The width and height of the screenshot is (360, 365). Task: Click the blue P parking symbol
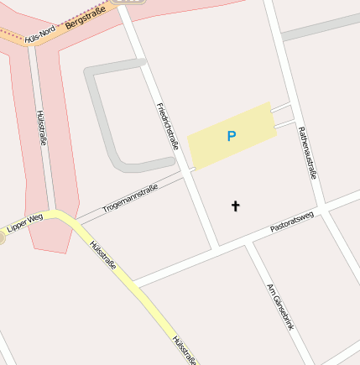pos(232,136)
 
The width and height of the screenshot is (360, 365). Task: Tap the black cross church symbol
pos(235,205)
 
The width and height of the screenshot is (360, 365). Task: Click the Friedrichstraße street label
pos(168,126)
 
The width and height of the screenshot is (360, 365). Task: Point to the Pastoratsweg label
pos(292,222)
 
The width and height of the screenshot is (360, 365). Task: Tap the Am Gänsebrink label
pos(280,308)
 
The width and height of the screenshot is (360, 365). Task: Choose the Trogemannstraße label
pos(130,199)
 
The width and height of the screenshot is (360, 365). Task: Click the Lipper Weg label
pos(23,223)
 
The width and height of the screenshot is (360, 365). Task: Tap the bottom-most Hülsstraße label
pos(184,350)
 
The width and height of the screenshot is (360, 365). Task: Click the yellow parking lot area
pos(210,147)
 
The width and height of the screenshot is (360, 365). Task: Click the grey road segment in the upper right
pos(319,27)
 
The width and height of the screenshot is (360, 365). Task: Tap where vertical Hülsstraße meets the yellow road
pos(52,213)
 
